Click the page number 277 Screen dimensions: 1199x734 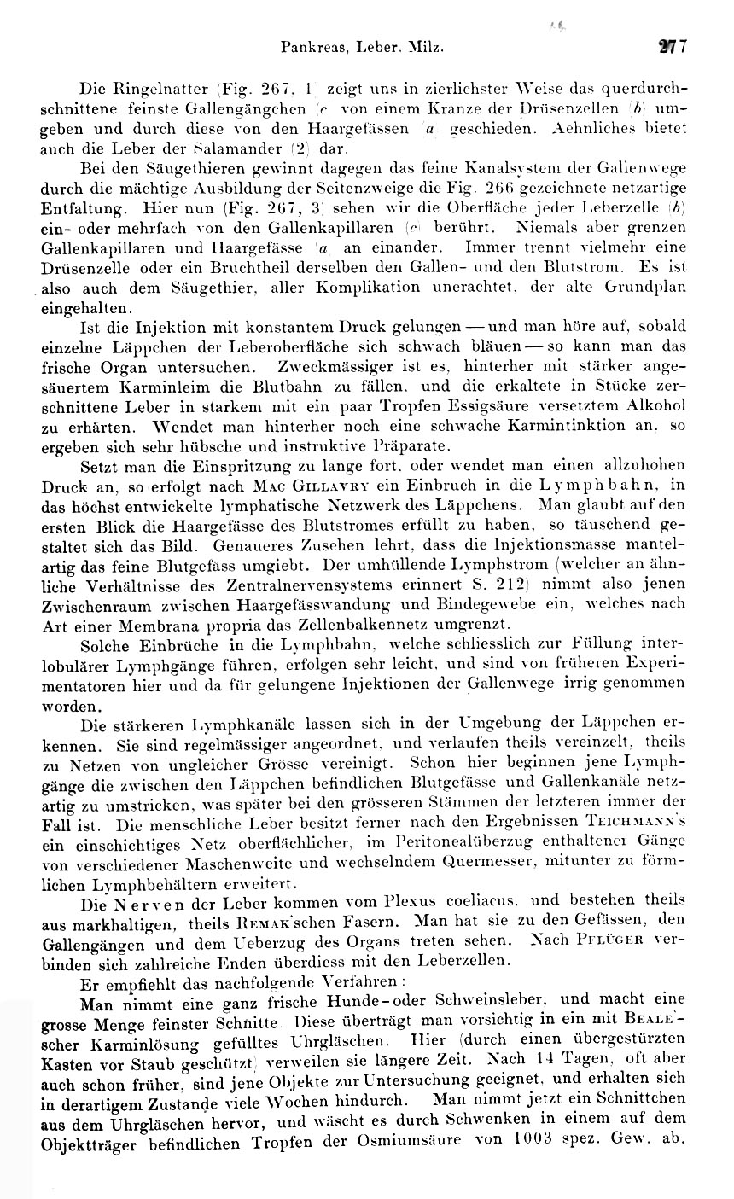678,49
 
